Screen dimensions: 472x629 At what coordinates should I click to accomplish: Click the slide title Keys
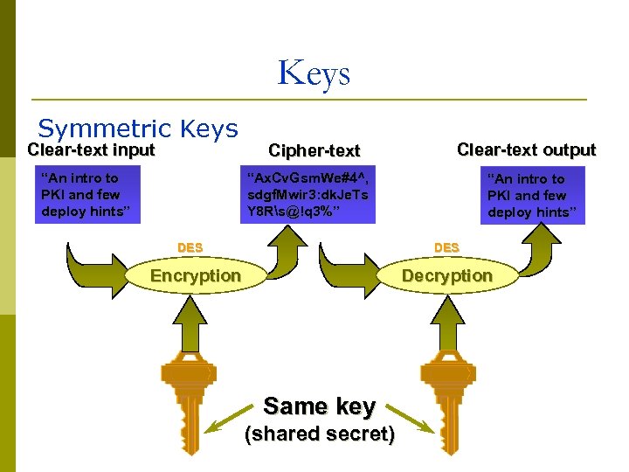coord(314,73)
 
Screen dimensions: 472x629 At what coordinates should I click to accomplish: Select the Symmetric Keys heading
coord(138,129)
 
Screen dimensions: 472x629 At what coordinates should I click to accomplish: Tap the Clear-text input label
coord(91,149)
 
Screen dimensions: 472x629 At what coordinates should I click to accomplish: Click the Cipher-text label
coord(314,150)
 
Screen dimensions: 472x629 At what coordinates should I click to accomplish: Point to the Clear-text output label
coord(526,149)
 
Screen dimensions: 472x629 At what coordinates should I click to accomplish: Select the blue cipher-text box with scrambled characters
coord(308,194)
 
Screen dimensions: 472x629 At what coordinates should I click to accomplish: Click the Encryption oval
coord(196,276)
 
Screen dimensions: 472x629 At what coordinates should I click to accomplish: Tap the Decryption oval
coord(446,276)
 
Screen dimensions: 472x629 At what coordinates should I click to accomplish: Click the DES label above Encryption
coord(190,247)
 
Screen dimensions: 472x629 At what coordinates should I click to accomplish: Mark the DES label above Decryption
coord(446,247)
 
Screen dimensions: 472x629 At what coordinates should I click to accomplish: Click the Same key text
coord(319,406)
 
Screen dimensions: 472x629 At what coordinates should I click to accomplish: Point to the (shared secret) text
coord(319,434)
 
